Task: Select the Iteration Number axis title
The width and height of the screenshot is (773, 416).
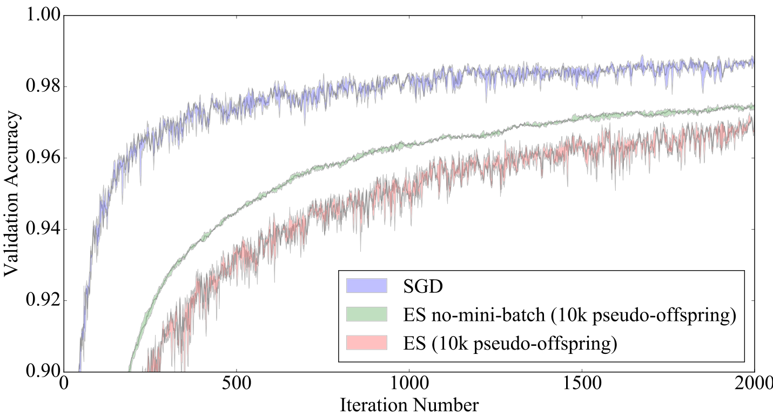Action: coord(409,405)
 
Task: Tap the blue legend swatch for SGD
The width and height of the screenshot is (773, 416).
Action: coord(367,286)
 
